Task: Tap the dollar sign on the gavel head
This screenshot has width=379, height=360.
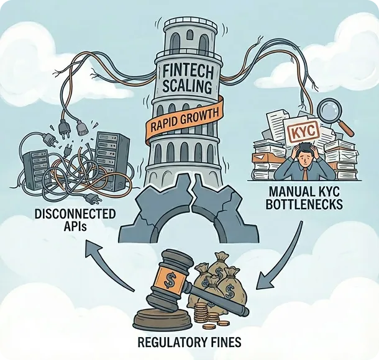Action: [169, 281]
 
